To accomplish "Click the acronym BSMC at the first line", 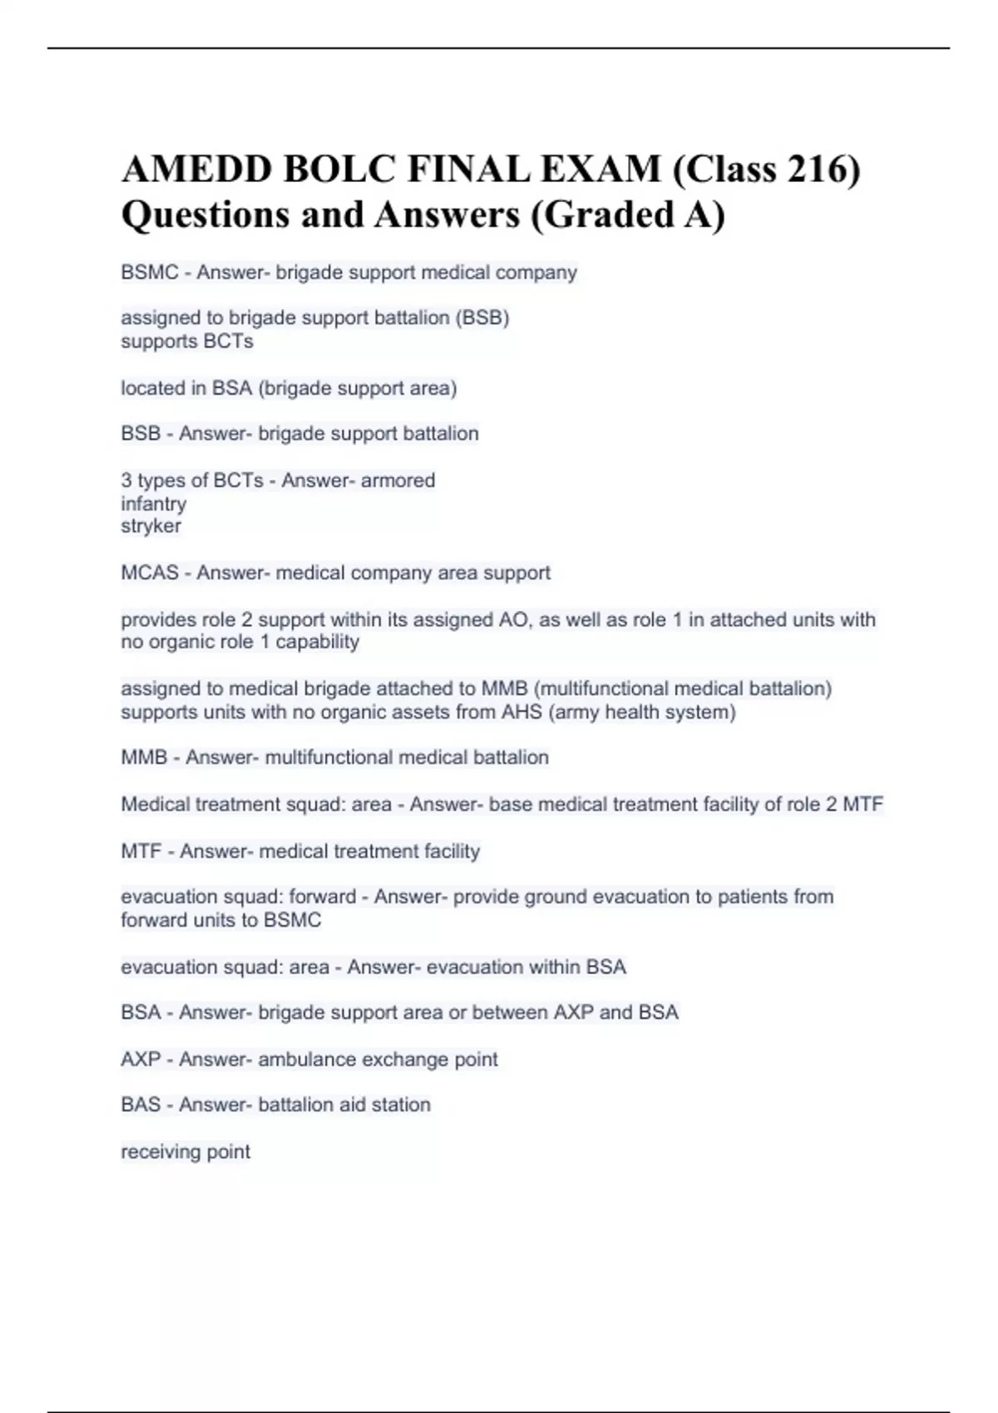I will [x=150, y=273].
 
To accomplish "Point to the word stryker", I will [x=151, y=526].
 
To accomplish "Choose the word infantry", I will [x=154, y=504].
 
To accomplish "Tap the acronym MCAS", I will [x=150, y=573].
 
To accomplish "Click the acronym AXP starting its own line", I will [x=141, y=1060].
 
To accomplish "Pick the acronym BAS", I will [x=141, y=1105].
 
